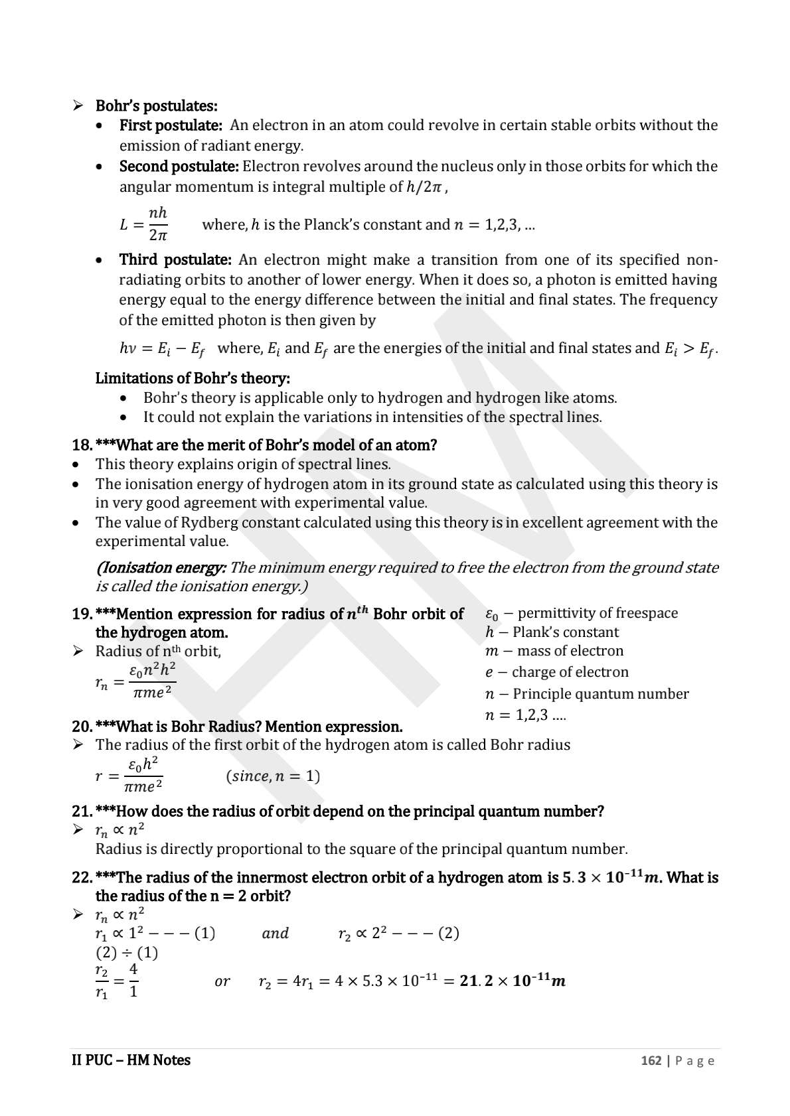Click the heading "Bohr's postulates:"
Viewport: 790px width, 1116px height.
[156, 106]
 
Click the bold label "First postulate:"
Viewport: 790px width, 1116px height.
[170, 125]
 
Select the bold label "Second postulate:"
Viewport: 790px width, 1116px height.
[179, 166]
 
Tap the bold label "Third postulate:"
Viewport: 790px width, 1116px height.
[175, 259]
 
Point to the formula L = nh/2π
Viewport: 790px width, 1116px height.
[144, 224]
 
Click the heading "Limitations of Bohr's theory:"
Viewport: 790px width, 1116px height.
[193, 378]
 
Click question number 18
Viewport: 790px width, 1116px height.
[82, 445]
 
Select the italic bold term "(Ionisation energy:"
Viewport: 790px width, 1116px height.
[161, 567]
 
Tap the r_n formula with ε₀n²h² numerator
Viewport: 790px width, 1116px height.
[136, 681]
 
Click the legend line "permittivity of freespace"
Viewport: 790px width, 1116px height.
[597, 613]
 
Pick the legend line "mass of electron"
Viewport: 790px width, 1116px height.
[570, 651]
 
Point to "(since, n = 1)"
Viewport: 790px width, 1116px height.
[273, 776]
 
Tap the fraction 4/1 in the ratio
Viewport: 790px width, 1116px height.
[133, 981]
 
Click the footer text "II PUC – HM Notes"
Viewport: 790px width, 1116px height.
[131, 1060]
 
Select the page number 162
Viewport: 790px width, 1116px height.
[651, 1061]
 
